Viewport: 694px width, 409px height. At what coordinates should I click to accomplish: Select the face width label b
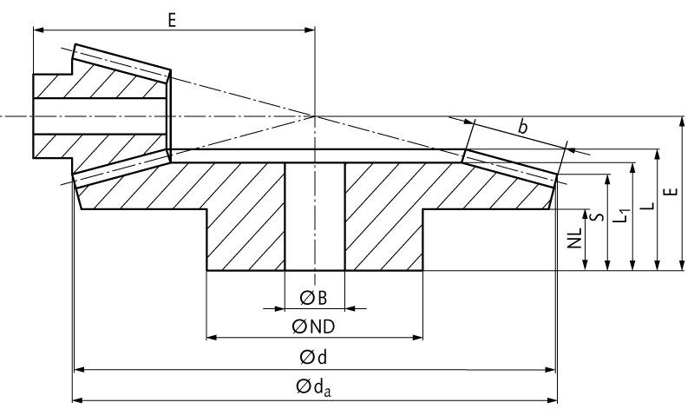point(522,128)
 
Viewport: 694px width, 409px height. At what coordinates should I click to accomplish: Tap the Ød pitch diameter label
point(313,357)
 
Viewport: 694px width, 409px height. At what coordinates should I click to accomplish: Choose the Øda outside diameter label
point(315,386)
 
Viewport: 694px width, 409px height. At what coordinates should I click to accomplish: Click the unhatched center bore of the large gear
point(314,217)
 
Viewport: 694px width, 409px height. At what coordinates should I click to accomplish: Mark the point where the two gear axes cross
point(314,115)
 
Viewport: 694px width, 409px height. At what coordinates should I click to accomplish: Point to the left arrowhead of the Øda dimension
point(77,399)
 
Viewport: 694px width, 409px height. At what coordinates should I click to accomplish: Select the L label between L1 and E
point(649,208)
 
